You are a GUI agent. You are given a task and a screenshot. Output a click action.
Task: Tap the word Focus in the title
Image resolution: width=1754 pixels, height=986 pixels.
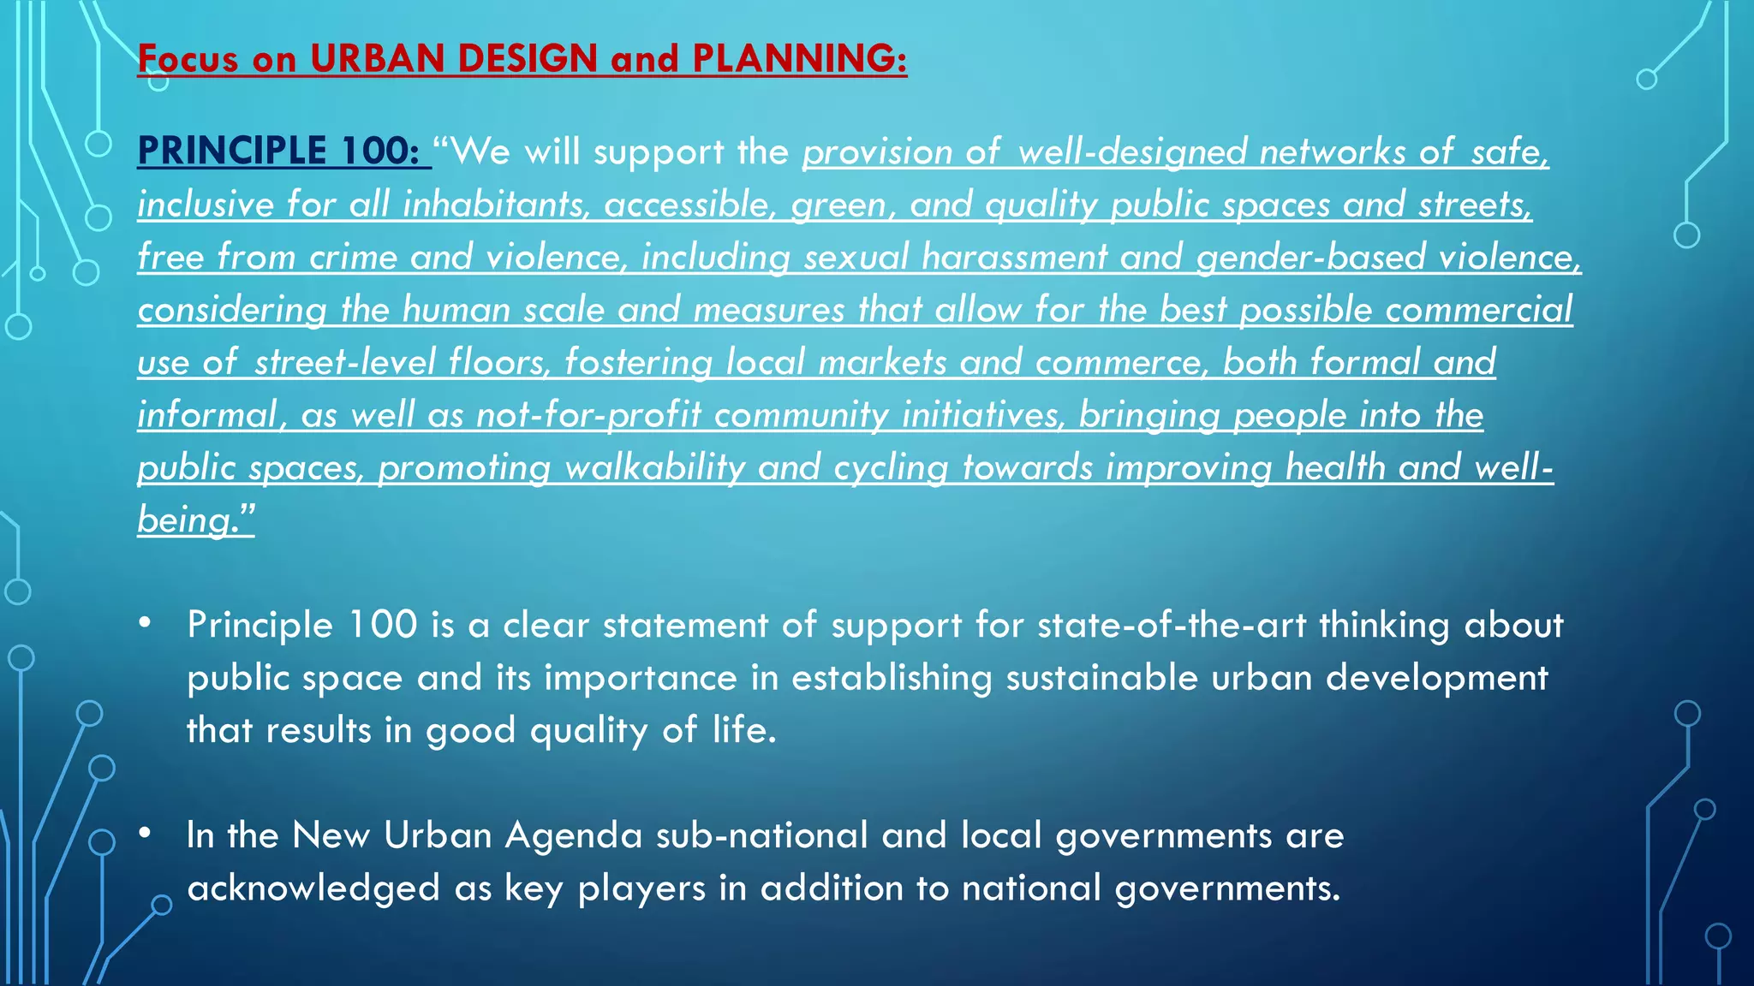coord(188,58)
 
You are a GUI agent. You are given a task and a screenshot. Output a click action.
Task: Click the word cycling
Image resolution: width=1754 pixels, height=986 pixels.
coord(891,468)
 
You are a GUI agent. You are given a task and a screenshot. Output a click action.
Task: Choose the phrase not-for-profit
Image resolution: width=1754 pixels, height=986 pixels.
coord(588,415)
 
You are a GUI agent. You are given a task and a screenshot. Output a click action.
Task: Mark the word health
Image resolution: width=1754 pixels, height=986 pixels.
coord(1334,467)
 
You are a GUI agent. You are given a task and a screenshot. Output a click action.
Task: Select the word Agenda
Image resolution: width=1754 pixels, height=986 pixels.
coord(574,836)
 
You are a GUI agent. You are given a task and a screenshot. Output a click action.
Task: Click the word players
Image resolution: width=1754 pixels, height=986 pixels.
coord(641,889)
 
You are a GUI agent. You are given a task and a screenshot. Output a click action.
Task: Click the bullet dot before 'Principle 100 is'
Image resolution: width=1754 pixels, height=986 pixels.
coord(146,622)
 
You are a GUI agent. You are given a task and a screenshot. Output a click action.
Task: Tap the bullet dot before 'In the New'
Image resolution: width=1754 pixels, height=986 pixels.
coord(146,832)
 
